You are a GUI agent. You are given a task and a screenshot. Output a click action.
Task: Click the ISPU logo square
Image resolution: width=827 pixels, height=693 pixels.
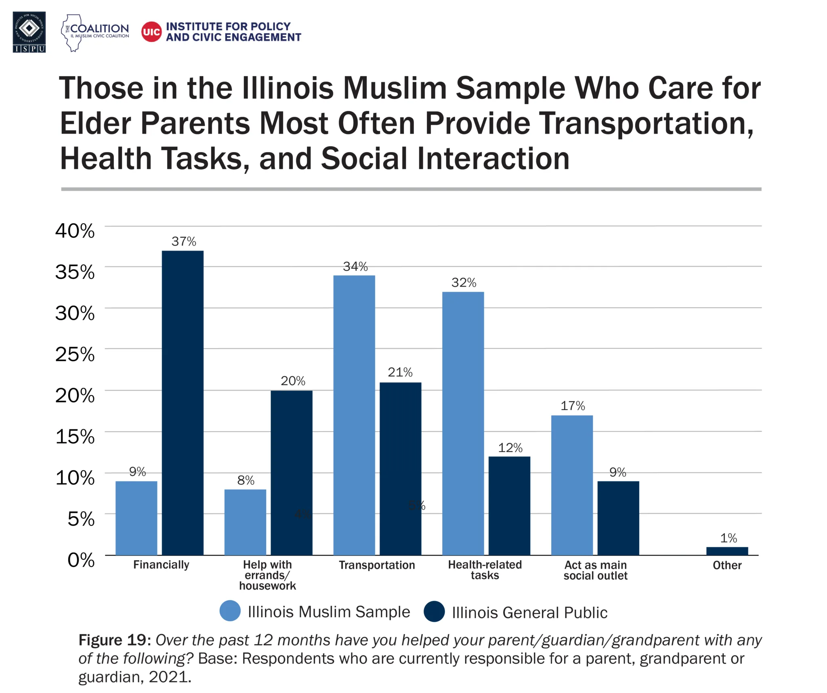(29, 32)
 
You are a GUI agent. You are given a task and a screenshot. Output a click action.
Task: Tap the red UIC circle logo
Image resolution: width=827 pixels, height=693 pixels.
(151, 32)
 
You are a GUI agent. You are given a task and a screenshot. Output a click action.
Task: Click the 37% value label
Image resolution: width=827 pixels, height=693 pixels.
(184, 241)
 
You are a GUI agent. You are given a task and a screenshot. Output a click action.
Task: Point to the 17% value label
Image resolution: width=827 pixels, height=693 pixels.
(572, 406)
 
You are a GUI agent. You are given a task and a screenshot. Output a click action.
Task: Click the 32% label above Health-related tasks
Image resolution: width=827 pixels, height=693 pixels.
(464, 283)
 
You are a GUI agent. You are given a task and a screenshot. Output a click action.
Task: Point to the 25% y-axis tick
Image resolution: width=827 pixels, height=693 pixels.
(75, 354)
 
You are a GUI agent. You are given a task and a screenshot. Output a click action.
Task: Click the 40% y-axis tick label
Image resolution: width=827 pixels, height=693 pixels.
(75, 231)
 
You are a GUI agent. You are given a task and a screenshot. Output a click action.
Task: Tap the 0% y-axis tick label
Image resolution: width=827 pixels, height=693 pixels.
(81, 560)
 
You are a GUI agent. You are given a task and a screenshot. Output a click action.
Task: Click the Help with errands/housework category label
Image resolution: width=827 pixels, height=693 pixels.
(267, 575)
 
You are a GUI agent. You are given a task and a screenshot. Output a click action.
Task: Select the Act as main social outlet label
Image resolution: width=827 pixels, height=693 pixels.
(595, 570)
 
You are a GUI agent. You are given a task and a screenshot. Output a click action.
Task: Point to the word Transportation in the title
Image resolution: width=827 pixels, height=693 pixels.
(646, 123)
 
